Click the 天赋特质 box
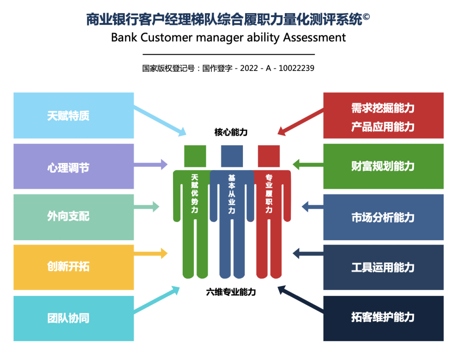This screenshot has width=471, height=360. pyautogui.click(x=73, y=115)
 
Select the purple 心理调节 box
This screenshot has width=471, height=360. pyautogui.click(x=73, y=166)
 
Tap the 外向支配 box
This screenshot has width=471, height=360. pyautogui.click(x=73, y=217)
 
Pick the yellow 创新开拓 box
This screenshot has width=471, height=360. pyautogui.click(x=73, y=267)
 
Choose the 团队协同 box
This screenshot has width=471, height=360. pyautogui.click(x=73, y=318)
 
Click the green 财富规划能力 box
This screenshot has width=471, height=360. pyautogui.click(x=383, y=166)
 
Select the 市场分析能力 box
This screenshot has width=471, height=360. pyautogui.click(x=383, y=217)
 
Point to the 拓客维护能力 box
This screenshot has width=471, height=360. pyautogui.click(x=383, y=318)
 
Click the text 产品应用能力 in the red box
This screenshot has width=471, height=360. pyautogui.click(x=383, y=127)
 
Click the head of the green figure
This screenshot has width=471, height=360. pyautogui.click(x=195, y=156)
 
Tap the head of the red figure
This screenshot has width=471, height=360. pyautogui.click(x=269, y=156)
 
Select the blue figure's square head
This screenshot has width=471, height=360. pyautogui.click(x=232, y=156)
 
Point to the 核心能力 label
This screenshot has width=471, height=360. pyautogui.click(x=231, y=132)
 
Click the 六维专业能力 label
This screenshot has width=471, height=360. pyautogui.click(x=231, y=292)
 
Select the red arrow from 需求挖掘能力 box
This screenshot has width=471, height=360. pyautogui.click(x=301, y=120)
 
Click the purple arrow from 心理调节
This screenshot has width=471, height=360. pyautogui.click(x=151, y=164)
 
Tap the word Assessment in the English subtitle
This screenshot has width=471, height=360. pyautogui.click(x=314, y=37)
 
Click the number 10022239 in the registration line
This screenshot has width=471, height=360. pyautogui.click(x=297, y=68)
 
